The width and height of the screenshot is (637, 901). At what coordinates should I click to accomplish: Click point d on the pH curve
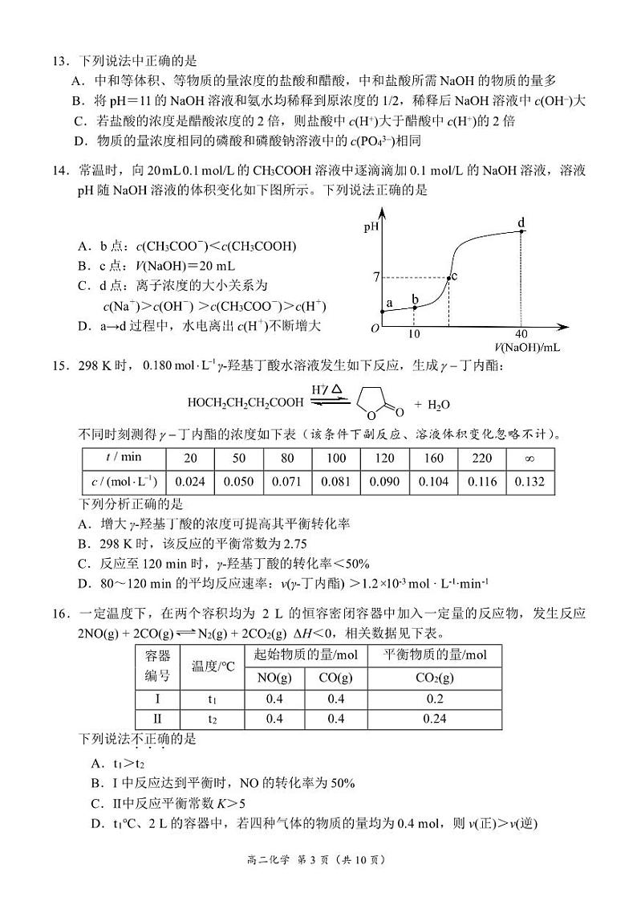click(x=522, y=231)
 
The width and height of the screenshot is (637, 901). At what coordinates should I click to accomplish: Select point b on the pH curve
click(x=414, y=308)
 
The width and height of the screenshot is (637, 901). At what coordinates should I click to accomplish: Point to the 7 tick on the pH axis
click(x=375, y=278)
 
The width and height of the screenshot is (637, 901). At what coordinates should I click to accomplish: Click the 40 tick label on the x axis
click(x=522, y=333)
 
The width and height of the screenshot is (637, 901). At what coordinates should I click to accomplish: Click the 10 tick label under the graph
click(x=414, y=333)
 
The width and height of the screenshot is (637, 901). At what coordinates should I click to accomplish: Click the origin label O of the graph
click(x=374, y=328)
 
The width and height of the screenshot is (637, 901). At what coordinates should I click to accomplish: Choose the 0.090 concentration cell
click(x=384, y=482)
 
